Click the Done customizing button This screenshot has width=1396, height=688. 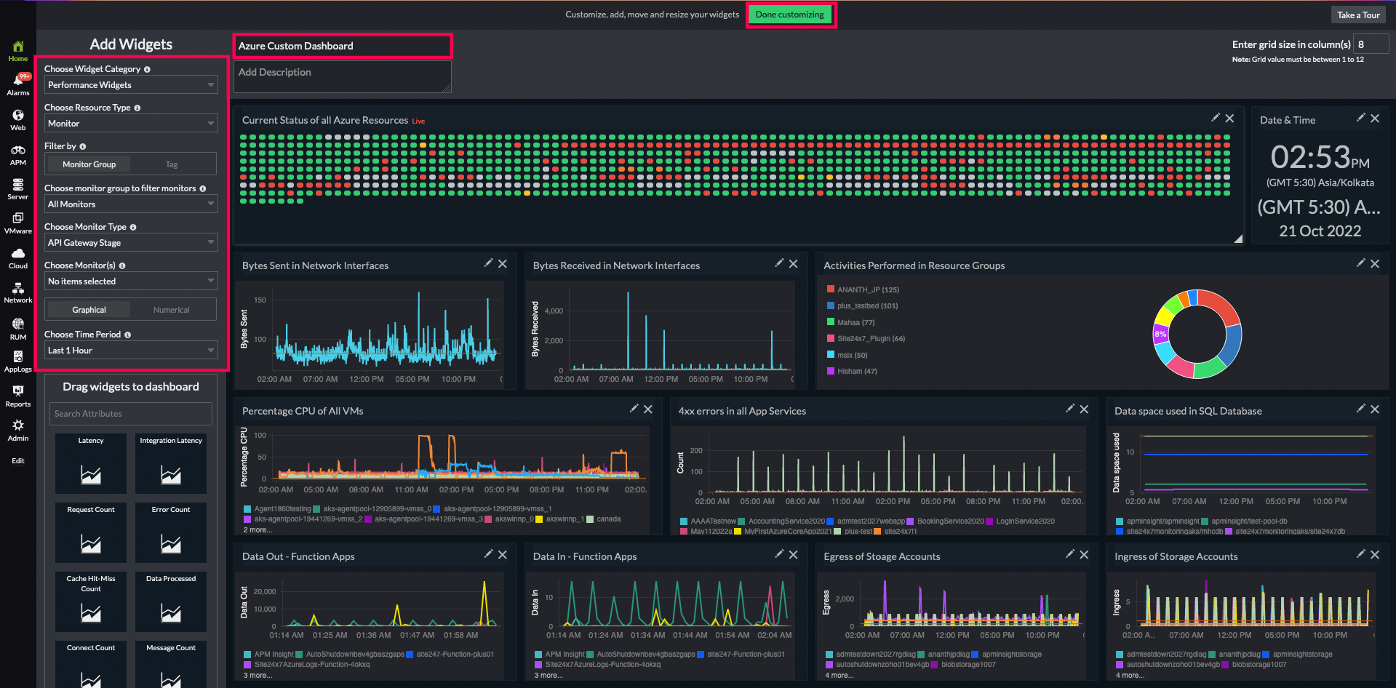click(x=789, y=15)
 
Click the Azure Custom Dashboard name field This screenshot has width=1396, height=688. click(x=342, y=46)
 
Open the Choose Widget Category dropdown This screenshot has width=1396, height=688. click(x=131, y=85)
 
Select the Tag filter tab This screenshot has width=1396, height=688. click(x=172, y=164)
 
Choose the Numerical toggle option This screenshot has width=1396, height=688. click(x=172, y=310)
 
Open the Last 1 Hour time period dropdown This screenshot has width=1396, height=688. click(x=131, y=351)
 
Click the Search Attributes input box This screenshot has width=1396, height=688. click(x=131, y=414)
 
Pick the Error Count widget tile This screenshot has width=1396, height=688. click(x=171, y=532)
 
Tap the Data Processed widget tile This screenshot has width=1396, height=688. click(x=171, y=601)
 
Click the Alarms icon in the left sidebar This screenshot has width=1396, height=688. click(x=18, y=84)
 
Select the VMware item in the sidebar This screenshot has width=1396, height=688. click(x=18, y=223)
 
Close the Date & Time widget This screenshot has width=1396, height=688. click(x=1375, y=119)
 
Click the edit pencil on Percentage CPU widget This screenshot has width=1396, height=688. click(x=634, y=409)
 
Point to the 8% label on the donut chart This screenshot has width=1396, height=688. click(x=1160, y=334)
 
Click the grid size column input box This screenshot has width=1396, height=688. click(x=1370, y=44)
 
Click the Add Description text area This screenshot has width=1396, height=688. click(x=342, y=76)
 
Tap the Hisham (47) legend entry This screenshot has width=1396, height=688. click(x=856, y=371)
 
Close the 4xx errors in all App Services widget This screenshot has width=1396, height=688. click(x=1084, y=409)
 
